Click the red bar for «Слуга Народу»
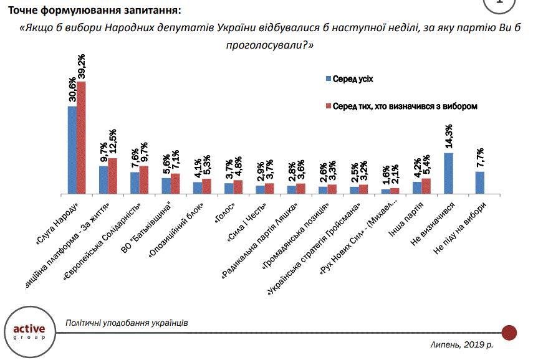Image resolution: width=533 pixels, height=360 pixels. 81,137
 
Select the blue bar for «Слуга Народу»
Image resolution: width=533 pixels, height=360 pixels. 72,149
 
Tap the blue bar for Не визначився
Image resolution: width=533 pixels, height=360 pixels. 448,173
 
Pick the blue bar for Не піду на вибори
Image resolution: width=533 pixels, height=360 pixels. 479,182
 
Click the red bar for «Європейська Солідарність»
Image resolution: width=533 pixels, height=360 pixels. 144,180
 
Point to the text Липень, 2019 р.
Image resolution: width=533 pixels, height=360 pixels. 462,344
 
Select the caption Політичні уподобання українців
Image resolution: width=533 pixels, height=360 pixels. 127,323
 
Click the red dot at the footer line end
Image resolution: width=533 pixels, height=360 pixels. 509,332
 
